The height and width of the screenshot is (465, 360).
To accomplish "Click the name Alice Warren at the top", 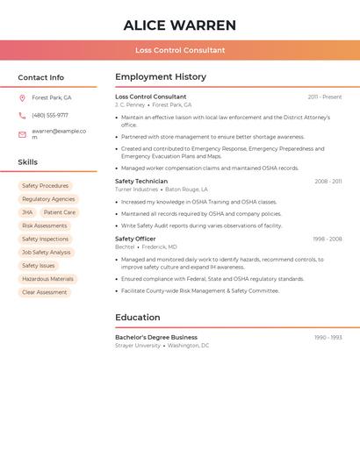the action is tap(180, 25).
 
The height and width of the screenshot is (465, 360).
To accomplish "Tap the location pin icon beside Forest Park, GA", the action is tap(23, 97).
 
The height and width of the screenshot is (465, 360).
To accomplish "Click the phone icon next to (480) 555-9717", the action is tap(23, 115).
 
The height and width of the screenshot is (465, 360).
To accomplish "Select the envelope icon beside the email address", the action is tap(23, 134).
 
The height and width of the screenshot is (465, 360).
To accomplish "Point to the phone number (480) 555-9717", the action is tap(50, 115).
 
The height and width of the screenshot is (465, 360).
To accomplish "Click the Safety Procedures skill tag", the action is tap(45, 186).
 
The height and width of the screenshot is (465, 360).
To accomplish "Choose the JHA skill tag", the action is tap(27, 212).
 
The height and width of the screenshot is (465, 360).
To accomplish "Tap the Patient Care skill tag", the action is tap(60, 212).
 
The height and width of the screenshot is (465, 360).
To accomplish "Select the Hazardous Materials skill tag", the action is tap(47, 279).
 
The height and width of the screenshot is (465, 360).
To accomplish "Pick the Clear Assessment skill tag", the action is tap(44, 292).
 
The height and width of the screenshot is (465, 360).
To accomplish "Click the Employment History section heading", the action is tap(161, 77).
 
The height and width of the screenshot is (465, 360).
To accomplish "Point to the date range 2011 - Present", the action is tap(325, 97).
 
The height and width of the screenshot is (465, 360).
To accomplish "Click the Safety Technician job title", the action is tap(141, 181).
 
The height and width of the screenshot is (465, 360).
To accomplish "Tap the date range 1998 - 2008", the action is tap(327, 239).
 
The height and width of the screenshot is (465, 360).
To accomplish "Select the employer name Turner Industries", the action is tap(137, 190).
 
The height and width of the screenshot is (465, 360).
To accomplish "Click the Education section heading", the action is tap(138, 318).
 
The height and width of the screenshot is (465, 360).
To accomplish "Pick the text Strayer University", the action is tap(138, 346).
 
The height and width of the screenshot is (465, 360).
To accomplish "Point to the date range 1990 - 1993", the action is tap(328, 337).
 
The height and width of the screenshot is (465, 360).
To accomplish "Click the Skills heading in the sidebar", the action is tap(27, 162).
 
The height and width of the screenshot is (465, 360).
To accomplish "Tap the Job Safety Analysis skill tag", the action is tap(46, 253).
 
